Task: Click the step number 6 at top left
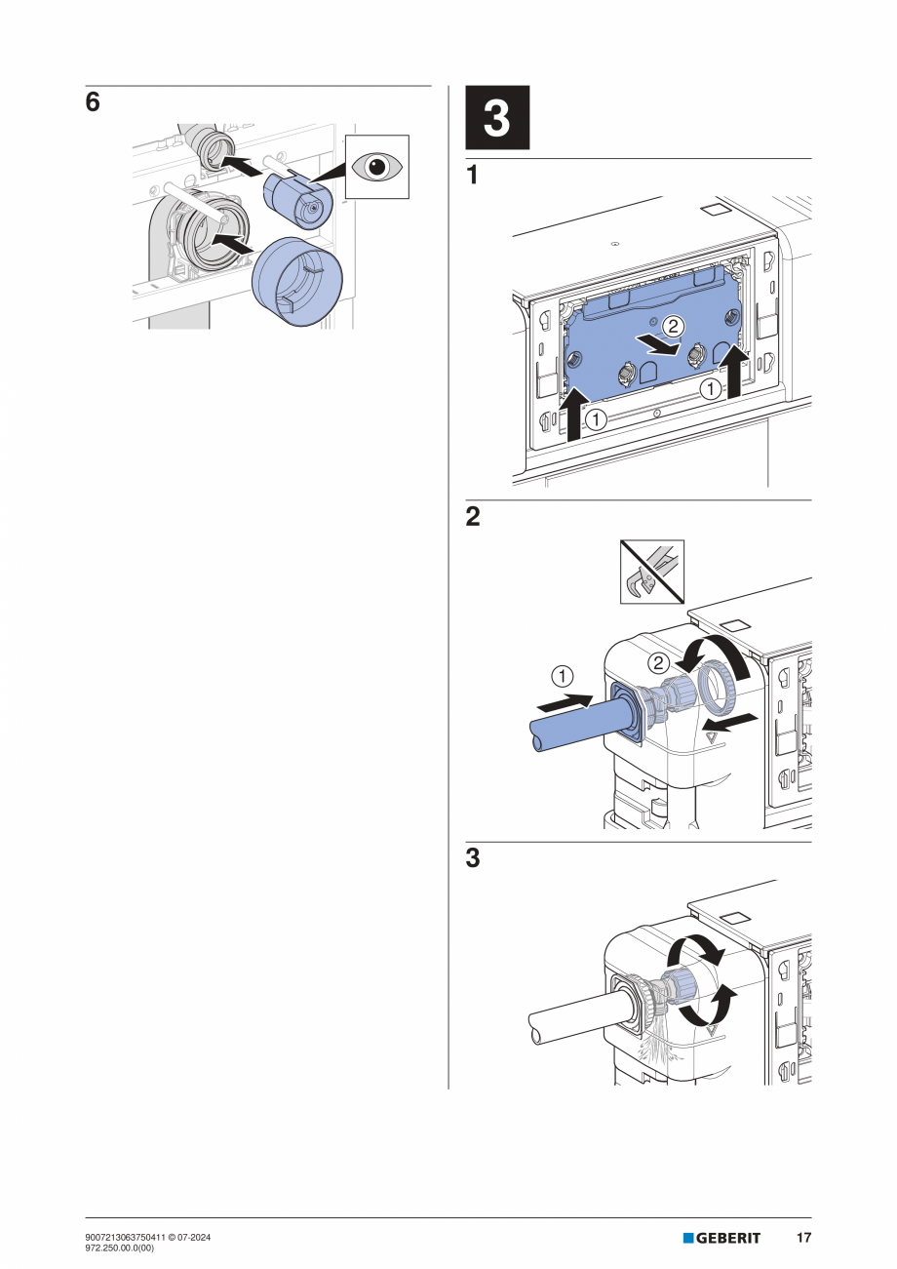point(93,102)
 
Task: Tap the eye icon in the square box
point(376,167)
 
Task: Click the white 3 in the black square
point(496,119)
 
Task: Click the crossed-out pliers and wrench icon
point(652,572)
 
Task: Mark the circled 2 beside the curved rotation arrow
point(660,662)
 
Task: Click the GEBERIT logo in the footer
point(721,1238)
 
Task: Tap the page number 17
point(802,1238)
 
